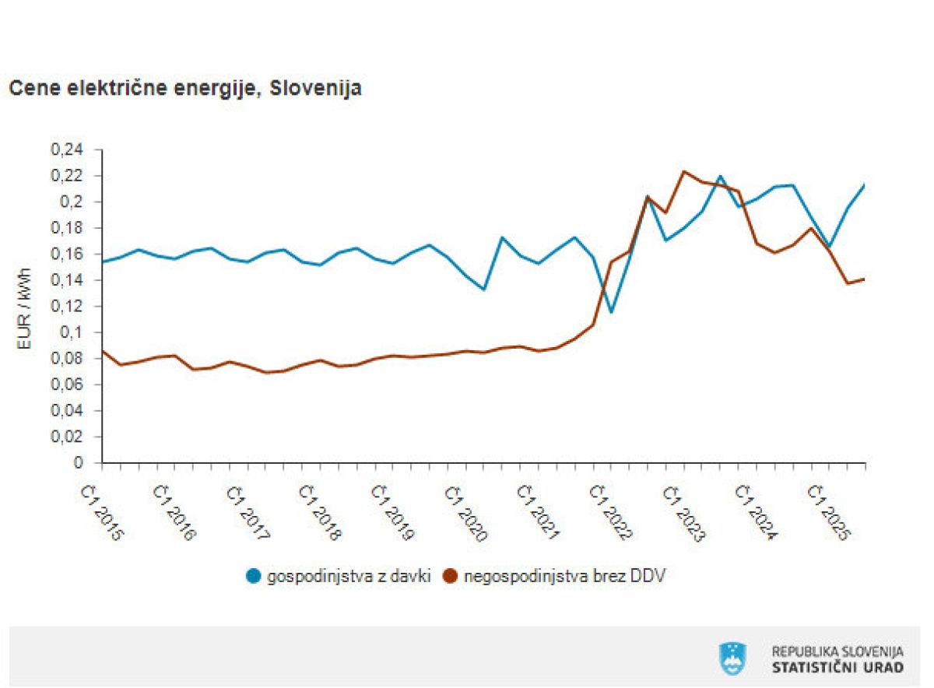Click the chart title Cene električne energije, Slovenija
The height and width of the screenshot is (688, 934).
tap(184, 89)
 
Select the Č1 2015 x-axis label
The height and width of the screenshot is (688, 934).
tap(103, 514)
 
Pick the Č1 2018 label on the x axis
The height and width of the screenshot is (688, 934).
tap(321, 514)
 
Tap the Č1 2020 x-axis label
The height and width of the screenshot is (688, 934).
tap(468, 514)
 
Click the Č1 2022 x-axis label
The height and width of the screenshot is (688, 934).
tap(613, 514)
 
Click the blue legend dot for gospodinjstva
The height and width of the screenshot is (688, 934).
tap(253, 577)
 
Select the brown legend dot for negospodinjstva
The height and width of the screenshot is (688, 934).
tap(450, 577)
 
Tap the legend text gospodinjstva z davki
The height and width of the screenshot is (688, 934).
tap(348, 577)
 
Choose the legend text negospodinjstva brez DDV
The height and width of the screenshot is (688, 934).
tap(564, 577)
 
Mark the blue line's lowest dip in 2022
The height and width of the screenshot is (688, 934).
tap(612, 312)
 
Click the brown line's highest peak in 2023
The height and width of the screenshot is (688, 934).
tap(684, 171)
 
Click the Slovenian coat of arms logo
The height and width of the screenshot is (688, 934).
tap(732, 658)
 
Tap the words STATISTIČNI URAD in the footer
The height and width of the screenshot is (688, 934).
tap(837, 668)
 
